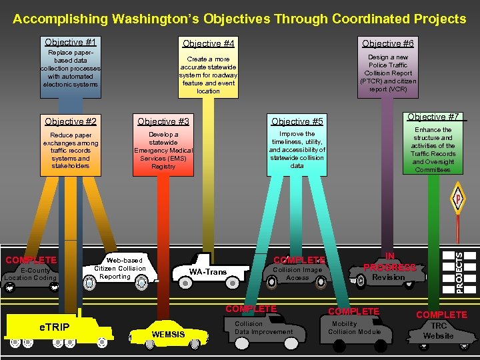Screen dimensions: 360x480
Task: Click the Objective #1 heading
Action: point(70,42)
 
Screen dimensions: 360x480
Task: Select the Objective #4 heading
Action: point(208,43)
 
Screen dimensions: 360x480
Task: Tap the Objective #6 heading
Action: point(387,43)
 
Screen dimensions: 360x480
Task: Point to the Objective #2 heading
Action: point(70,121)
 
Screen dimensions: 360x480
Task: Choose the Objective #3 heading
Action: point(163,121)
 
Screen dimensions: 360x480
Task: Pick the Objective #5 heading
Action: point(297,121)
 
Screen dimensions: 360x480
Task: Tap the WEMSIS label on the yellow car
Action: point(169,334)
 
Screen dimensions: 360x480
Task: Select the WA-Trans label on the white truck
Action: point(208,272)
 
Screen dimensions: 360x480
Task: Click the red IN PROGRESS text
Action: point(389,262)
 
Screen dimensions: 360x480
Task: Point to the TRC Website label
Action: point(439,331)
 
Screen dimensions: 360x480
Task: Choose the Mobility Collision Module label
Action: point(354,328)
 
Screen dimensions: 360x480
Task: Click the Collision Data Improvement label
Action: point(263,327)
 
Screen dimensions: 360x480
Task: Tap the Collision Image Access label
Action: point(297,273)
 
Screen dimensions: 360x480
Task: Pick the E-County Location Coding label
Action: point(31,274)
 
